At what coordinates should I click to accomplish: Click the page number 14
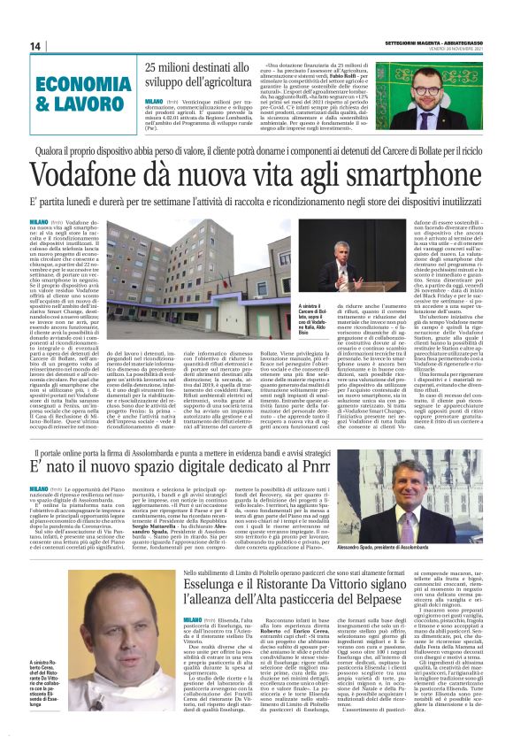(x=36, y=46)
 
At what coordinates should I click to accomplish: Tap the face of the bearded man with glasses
(x=443, y=88)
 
